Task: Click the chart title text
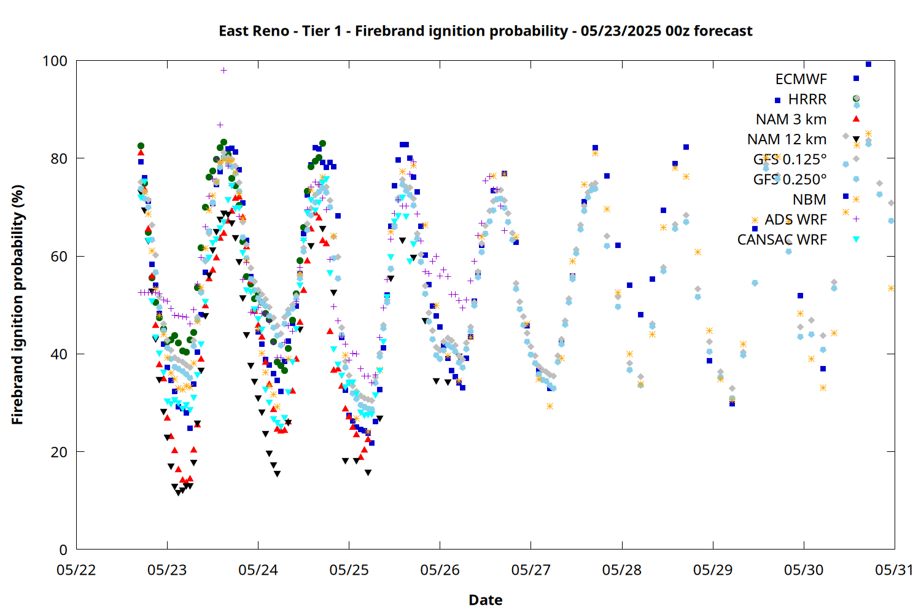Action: (x=486, y=31)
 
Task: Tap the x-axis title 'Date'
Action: (x=486, y=600)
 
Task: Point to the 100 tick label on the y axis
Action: (x=55, y=61)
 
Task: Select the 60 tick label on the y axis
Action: (x=59, y=256)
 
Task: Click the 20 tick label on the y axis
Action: (x=59, y=452)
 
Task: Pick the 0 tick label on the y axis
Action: (x=63, y=550)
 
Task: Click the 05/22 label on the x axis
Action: (x=76, y=570)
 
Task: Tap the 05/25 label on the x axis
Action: (x=349, y=570)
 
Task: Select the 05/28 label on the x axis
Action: (x=622, y=570)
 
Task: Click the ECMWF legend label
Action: (x=801, y=79)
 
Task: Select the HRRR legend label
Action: (x=807, y=99)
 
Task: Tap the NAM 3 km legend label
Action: (x=791, y=119)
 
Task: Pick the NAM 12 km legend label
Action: (x=787, y=139)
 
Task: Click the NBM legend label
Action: (x=810, y=200)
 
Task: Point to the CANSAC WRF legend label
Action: (x=782, y=239)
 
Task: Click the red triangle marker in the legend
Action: (x=856, y=119)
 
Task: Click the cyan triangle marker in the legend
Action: (x=856, y=239)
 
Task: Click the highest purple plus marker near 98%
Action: (x=223, y=71)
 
